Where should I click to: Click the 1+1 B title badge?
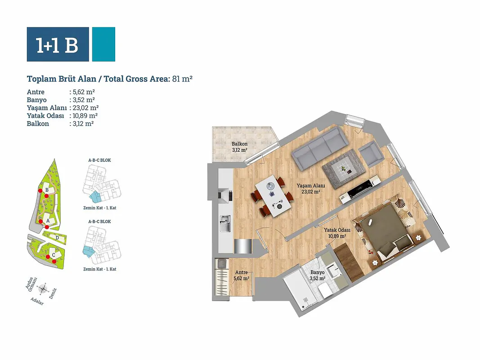(58, 45)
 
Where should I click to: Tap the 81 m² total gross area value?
(183, 79)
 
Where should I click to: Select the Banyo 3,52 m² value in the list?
(84, 100)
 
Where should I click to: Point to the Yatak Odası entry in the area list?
(45, 116)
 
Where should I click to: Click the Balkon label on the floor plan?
(239, 144)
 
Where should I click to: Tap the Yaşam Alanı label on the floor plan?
(311, 185)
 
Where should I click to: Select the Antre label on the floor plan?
(241, 272)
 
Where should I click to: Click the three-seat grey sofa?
(320, 148)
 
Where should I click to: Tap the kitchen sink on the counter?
(225, 224)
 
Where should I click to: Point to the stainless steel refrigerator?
(243, 247)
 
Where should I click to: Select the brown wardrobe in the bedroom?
(349, 262)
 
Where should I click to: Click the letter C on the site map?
(54, 255)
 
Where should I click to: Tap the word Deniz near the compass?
(53, 293)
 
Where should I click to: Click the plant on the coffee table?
(344, 169)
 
